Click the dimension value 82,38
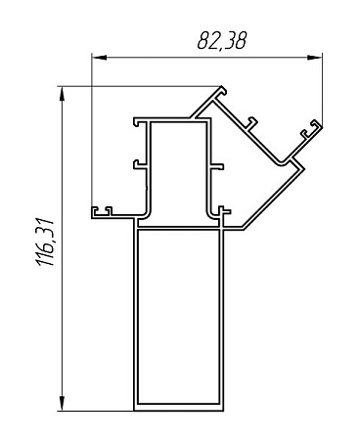222,41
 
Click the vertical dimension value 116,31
45,242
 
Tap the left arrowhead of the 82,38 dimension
99,58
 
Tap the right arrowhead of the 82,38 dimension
315,58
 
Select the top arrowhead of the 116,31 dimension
62,94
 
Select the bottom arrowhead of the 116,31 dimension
62,404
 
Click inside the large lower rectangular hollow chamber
178,316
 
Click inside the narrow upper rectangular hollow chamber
179,169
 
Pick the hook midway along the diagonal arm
251,123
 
